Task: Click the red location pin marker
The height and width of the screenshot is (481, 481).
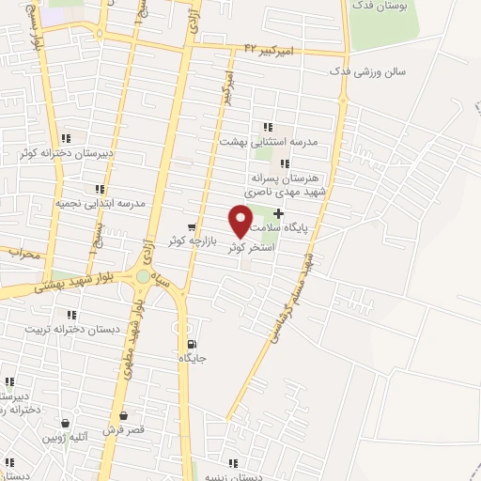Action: pyautogui.click(x=240, y=220)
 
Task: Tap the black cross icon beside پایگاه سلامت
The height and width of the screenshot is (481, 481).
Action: pyautogui.click(x=278, y=214)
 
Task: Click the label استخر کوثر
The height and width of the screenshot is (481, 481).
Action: pyautogui.click(x=251, y=246)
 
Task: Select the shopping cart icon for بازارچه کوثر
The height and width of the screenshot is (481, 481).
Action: pyautogui.click(x=192, y=226)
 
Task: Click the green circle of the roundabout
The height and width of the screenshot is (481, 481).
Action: pyautogui.click(x=143, y=276)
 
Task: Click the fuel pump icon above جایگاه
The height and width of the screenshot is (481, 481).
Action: pyautogui.click(x=192, y=343)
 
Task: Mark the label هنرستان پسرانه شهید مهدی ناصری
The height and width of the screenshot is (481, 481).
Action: pyautogui.click(x=287, y=183)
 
